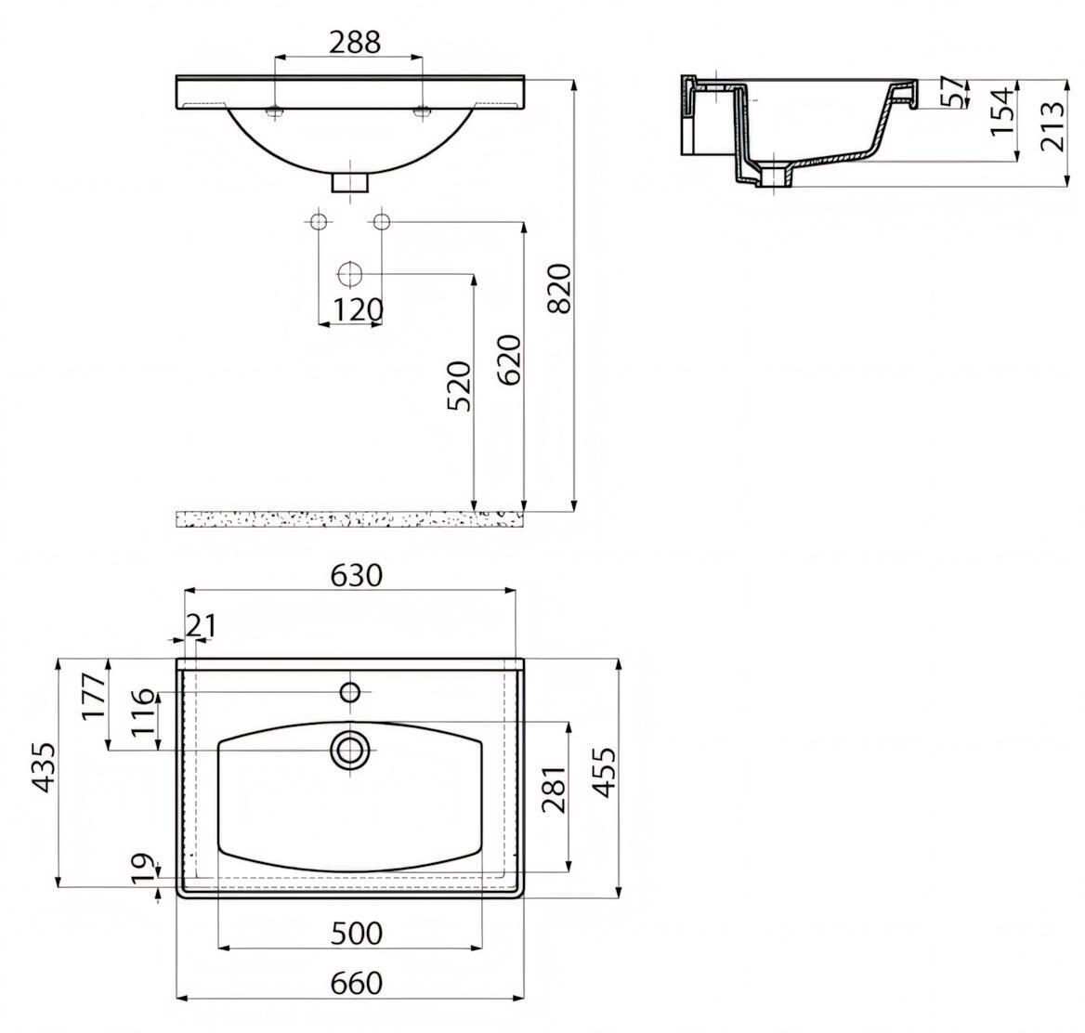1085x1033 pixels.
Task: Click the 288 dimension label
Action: pyautogui.click(x=354, y=42)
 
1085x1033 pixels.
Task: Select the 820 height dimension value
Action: pyautogui.click(x=560, y=289)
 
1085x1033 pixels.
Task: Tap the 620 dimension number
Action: pyautogui.click(x=509, y=360)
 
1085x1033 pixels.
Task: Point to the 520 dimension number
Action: pyautogui.click(x=459, y=386)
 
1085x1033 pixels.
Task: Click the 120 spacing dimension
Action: pyautogui.click(x=358, y=310)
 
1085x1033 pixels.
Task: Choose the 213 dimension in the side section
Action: pyautogui.click(x=1052, y=126)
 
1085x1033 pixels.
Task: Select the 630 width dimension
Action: pyautogui.click(x=356, y=575)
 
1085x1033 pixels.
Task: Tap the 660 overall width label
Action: pyautogui.click(x=357, y=983)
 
